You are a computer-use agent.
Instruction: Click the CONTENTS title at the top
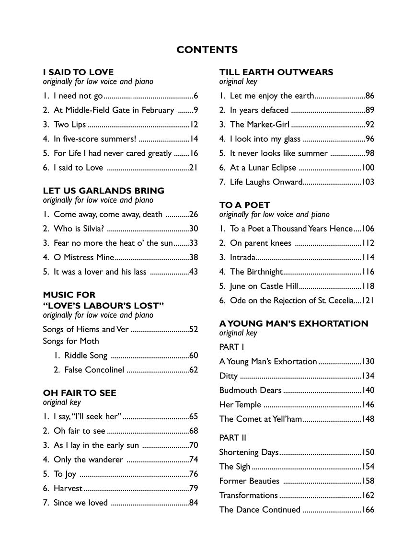(207, 50)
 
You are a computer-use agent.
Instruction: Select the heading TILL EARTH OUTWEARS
(276, 72)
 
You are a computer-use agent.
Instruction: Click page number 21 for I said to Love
(194, 168)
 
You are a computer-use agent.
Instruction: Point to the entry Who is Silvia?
(77, 229)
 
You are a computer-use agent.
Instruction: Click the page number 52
(194, 330)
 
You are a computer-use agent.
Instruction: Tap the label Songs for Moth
(71, 341)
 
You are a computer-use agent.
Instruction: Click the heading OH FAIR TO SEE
(80, 393)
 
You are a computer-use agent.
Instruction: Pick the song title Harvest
(68, 489)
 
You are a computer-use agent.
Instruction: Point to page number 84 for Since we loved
(194, 503)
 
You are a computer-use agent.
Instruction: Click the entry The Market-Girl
(259, 125)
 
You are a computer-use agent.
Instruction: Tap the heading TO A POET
(244, 205)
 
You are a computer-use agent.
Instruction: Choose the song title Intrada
(242, 258)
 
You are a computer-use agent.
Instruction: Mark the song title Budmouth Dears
(250, 391)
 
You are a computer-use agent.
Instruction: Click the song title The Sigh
(234, 467)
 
